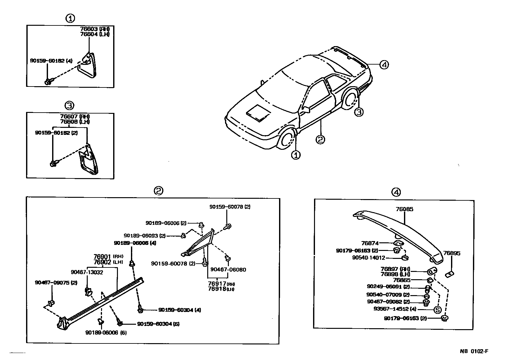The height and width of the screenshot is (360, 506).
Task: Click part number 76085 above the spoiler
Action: [x=404, y=209]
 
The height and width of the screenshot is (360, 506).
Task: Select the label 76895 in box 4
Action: [x=452, y=253]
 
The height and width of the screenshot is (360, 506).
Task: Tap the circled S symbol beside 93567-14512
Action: [x=438, y=309]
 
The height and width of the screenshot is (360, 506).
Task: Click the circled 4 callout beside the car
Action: [x=384, y=65]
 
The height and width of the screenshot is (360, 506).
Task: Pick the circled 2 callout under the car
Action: [x=320, y=139]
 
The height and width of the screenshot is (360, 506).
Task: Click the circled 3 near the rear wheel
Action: [x=359, y=112]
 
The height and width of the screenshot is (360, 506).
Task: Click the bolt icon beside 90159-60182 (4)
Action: [x=48, y=82]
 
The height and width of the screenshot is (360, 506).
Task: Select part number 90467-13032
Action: [x=87, y=272]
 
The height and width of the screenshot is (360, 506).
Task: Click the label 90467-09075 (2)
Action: [x=56, y=282]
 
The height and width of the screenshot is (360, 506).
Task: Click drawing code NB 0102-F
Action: [x=474, y=351]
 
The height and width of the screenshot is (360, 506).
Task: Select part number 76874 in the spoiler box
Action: [x=370, y=243]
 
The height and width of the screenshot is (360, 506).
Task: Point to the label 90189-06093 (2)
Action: [x=145, y=236]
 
